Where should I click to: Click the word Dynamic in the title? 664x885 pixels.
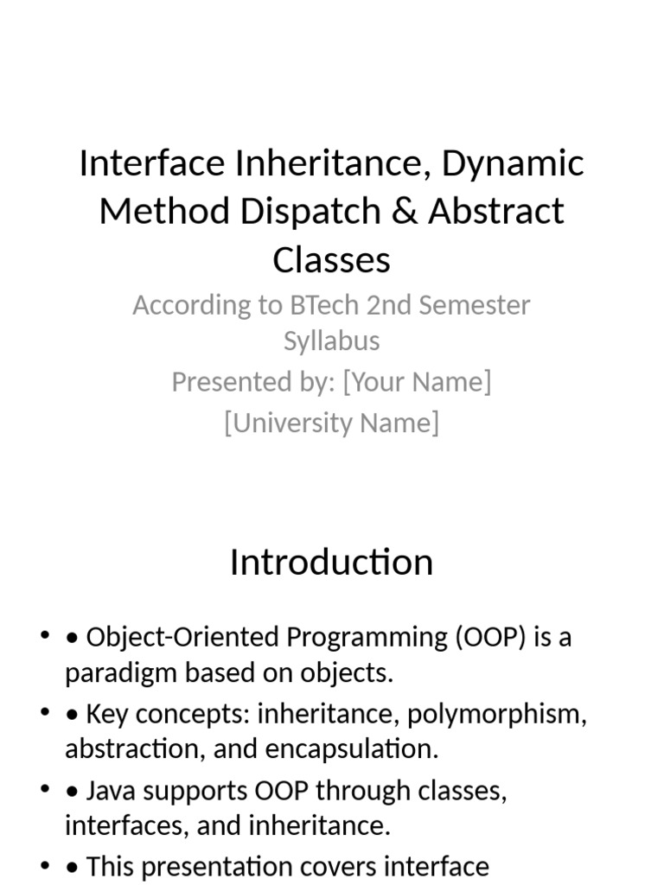[x=514, y=163]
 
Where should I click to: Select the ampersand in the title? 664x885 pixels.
[x=405, y=211]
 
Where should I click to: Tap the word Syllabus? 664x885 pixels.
[x=331, y=341]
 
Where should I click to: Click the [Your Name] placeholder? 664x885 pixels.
[x=417, y=381]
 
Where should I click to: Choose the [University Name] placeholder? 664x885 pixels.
[x=331, y=423]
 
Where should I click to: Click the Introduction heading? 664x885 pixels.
[x=331, y=563]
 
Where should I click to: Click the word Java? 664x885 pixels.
[x=109, y=791]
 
